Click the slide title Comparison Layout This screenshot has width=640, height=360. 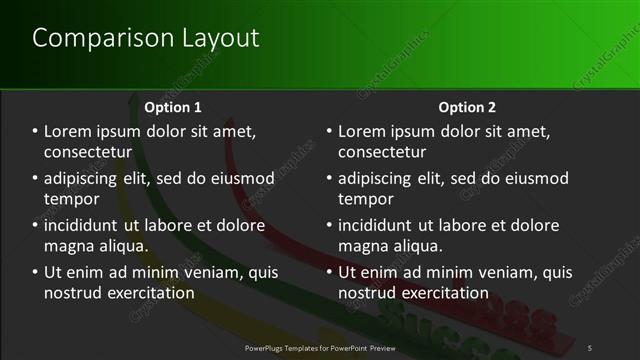point(146,38)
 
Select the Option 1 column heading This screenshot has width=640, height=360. point(173,106)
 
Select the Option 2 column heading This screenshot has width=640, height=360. point(467,106)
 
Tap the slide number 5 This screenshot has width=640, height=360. point(590,347)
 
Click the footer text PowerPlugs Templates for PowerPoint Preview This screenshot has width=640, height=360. point(320,347)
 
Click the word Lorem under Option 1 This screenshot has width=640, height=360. point(69,131)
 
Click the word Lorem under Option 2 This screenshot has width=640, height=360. point(363,131)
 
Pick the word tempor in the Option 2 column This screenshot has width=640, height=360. point(363,199)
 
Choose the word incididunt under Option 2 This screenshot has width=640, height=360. point(379,225)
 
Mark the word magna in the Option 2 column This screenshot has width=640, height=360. point(361,246)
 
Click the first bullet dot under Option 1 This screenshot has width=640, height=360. point(35,132)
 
